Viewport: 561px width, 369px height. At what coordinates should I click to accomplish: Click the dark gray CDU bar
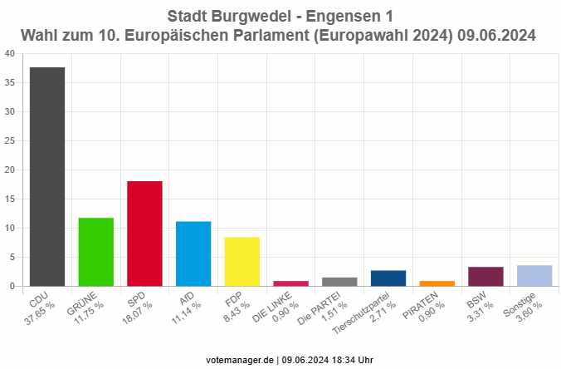coord(46,176)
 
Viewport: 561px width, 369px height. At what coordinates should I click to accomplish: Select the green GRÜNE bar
coord(95,252)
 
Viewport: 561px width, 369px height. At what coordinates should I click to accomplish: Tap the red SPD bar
coord(144,234)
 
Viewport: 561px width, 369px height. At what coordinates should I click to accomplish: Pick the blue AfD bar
coord(193,253)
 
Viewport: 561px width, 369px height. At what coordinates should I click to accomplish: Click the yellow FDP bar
coord(241,261)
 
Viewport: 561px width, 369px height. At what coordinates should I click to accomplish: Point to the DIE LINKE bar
coord(290,283)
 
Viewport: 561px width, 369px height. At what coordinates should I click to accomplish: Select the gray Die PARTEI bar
coord(339,282)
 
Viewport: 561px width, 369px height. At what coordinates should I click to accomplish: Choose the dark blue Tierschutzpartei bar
coord(388,278)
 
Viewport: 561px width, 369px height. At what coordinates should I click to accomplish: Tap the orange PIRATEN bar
coord(437,283)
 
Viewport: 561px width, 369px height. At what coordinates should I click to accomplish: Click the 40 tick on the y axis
coord(9,53)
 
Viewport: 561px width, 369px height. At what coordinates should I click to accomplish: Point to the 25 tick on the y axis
coord(9,140)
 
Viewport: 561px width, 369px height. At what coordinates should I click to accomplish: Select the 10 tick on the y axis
coord(9,228)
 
